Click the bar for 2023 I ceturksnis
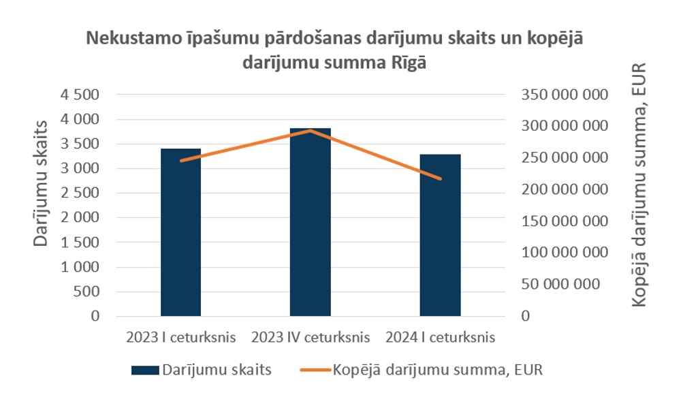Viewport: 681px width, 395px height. click(180, 232)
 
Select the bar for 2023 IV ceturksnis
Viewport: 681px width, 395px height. click(310, 222)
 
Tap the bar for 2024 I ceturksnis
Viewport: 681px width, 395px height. click(440, 235)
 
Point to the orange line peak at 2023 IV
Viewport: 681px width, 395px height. click(310, 130)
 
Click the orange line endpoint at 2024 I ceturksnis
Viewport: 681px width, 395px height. click(440, 178)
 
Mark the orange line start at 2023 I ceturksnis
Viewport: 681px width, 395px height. click(180, 161)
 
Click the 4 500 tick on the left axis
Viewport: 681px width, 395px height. click(80, 95)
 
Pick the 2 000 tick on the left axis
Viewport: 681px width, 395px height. click(80, 218)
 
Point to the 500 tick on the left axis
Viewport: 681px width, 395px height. click(87, 291)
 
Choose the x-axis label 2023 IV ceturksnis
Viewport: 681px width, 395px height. click(310, 337)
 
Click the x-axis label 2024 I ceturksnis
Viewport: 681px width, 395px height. click(440, 337)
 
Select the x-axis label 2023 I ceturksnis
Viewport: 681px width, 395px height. click(180, 337)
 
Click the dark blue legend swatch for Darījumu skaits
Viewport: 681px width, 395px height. click(145, 370)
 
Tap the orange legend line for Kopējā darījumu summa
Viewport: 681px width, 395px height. click(315, 370)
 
